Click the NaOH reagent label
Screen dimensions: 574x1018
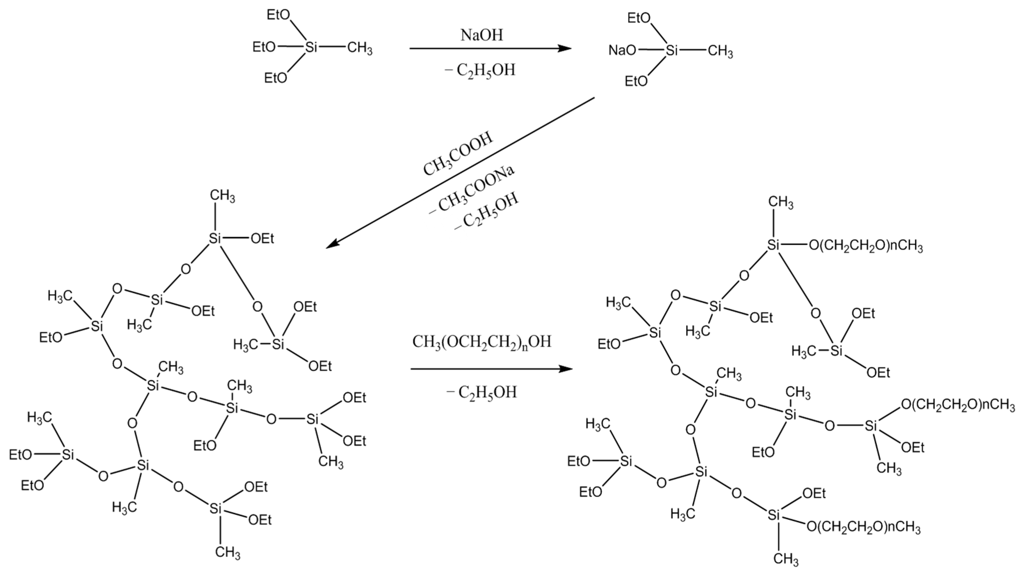pyautogui.click(x=482, y=35)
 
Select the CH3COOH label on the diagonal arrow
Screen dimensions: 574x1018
pyautogui.click(x=459, y=154)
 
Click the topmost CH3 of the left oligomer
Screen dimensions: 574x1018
pyautogui.click(x=222, y=196)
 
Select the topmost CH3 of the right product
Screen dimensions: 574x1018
pyautogui.click(x=781, y=203)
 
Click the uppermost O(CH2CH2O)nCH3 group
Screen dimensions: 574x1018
pyautogui.click(x=865, y=246)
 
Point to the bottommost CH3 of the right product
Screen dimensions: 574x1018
pyautogui.click(x=785, y=559)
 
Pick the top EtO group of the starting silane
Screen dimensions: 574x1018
pyautogui.click(x=278, y=15)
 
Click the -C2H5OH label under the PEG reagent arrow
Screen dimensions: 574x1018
pyautogui.click(x=482, y=392)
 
